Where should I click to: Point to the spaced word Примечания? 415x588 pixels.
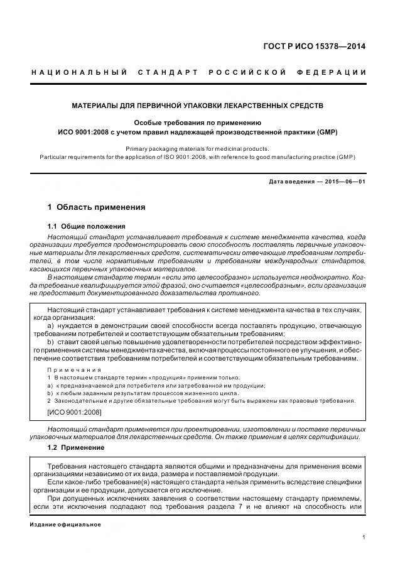click(74, 370)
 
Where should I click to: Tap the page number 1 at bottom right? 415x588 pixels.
click(364, 537)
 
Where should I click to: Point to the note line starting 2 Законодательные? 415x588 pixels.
click(201, 401)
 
